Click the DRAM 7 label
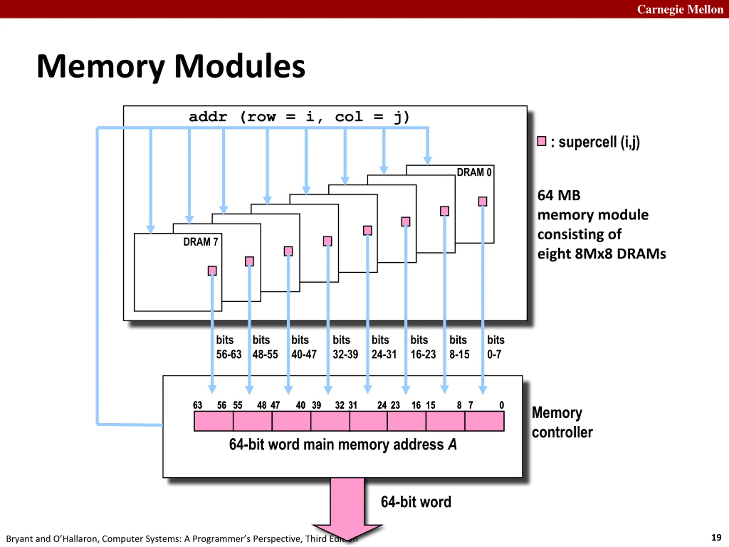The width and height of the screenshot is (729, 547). pyautogui.click(x=200, y=242)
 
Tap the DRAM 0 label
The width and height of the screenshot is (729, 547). pyautogui.click(x=474, y=172)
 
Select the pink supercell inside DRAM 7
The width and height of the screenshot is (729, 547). pyautogui.click(x=212, y=271)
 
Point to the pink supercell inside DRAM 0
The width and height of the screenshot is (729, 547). pyautogui.click(x=482, y=201)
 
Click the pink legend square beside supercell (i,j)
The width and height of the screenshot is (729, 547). pyautogui.click(x=541, y=141)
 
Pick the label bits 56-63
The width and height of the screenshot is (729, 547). pyautogui.click(x=229, y=347)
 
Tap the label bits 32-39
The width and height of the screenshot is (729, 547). pyautogui.click(x=345, y=347)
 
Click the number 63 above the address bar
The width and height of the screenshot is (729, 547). pyautogui.click(x=197, y=405)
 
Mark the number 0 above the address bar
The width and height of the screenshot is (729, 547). pyautogui.click(x=501, y=405)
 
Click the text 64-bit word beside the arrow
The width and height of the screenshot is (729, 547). pyautogui.click(x=416, y=502)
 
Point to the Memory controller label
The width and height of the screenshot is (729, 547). pyautogui.click(x=562, y=423)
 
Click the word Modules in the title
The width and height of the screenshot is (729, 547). pyautogui.click(x=239, y=66)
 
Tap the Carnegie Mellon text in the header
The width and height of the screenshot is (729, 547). pyautogui.click(x=680, y=9)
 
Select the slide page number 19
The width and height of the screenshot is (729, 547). pyautogui.click(x=716, y=537)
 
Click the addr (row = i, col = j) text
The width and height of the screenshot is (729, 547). pyautogui.click(x=299, y=117)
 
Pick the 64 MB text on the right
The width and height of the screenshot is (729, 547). pyautogui.click(x=559, y=195)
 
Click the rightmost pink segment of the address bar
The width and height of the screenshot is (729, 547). pyautogui.click(x=484, y=421)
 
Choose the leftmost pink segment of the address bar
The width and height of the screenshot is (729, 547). pyautogui.click(x=214, y=421)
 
